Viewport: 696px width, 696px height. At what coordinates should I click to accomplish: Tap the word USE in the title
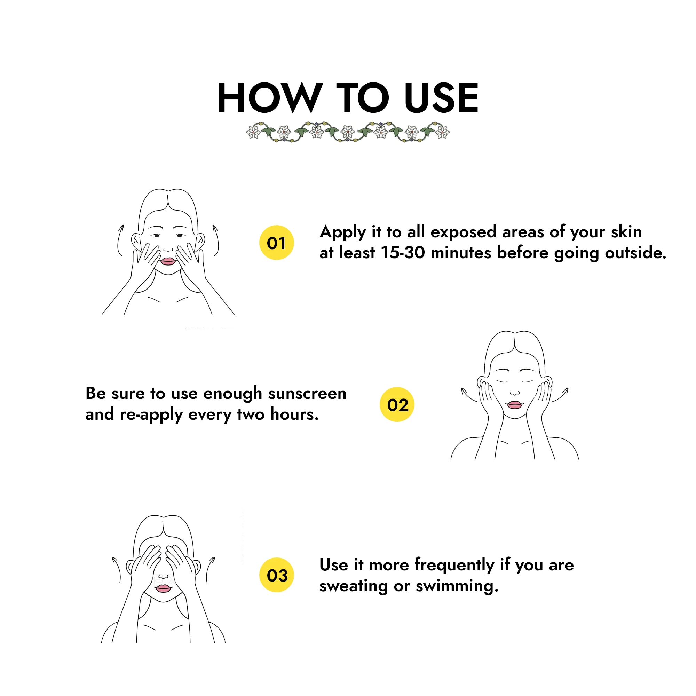(441, 98)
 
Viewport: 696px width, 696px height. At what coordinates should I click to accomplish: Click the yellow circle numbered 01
(277, 243)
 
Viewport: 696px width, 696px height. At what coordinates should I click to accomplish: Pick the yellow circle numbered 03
(277, 575)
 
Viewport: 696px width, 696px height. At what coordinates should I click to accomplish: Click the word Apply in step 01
(342, 232)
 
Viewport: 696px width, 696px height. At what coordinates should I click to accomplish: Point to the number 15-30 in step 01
(403, 253)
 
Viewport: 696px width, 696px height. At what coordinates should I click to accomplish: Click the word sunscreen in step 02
(307, 393)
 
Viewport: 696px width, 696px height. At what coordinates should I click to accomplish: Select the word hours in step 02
(294, 414)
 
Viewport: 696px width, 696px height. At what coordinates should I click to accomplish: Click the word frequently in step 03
(454, 565)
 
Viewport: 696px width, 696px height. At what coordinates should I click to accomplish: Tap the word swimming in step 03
(457, 586)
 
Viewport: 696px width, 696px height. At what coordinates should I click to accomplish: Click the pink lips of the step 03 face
(163, 588)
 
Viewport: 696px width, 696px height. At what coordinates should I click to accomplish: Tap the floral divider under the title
(348, 132)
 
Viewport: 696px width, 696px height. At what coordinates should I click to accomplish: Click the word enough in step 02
(233, 394)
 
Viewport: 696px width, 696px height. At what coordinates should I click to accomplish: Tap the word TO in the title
(363, 98)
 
